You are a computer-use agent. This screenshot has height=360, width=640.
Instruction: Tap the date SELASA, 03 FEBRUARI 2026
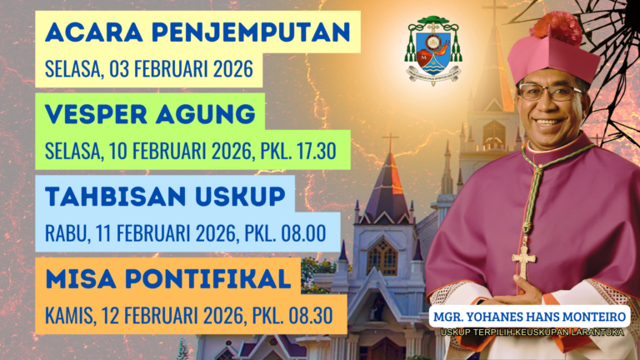[x=148, y=68]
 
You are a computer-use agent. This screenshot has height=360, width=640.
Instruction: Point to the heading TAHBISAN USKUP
[x=166, y=196]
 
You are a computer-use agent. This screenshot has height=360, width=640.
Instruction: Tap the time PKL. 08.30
[x=297, y=314]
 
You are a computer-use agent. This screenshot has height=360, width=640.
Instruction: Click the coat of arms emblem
[x=432, y=52]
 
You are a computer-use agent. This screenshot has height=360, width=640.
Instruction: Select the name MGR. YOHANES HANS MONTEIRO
[x=529, y=317]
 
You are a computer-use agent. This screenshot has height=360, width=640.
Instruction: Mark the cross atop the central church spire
[x=389, y=138]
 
